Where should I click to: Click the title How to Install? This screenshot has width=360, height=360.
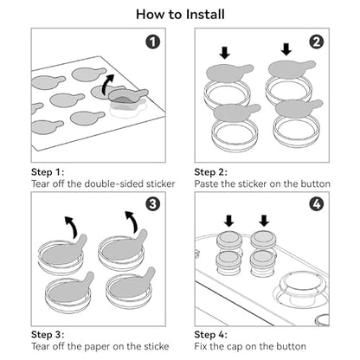click(180, 15)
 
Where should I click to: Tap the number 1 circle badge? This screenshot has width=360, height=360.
click(153, 42)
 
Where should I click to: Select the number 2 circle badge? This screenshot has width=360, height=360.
click(317, 42)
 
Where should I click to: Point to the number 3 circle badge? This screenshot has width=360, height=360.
click(153, 204)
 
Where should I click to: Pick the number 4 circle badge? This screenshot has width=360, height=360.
click(317, 204)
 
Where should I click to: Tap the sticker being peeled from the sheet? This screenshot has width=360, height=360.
click(128, 96)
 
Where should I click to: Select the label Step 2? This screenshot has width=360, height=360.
click(211, 172)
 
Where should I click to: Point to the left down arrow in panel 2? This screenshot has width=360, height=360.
click(225, 53)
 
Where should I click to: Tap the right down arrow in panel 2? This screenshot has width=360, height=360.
click(286, 49)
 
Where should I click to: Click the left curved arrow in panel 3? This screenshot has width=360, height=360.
click(72, 227)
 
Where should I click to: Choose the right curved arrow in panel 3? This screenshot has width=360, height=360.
click(132, 222)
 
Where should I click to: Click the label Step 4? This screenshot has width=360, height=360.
click(211, 335)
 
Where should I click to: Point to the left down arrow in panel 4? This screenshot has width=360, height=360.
click(229, 221)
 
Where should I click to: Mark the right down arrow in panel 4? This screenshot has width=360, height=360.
click(264, 221)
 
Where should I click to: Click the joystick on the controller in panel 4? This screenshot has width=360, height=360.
click(300, 288)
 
